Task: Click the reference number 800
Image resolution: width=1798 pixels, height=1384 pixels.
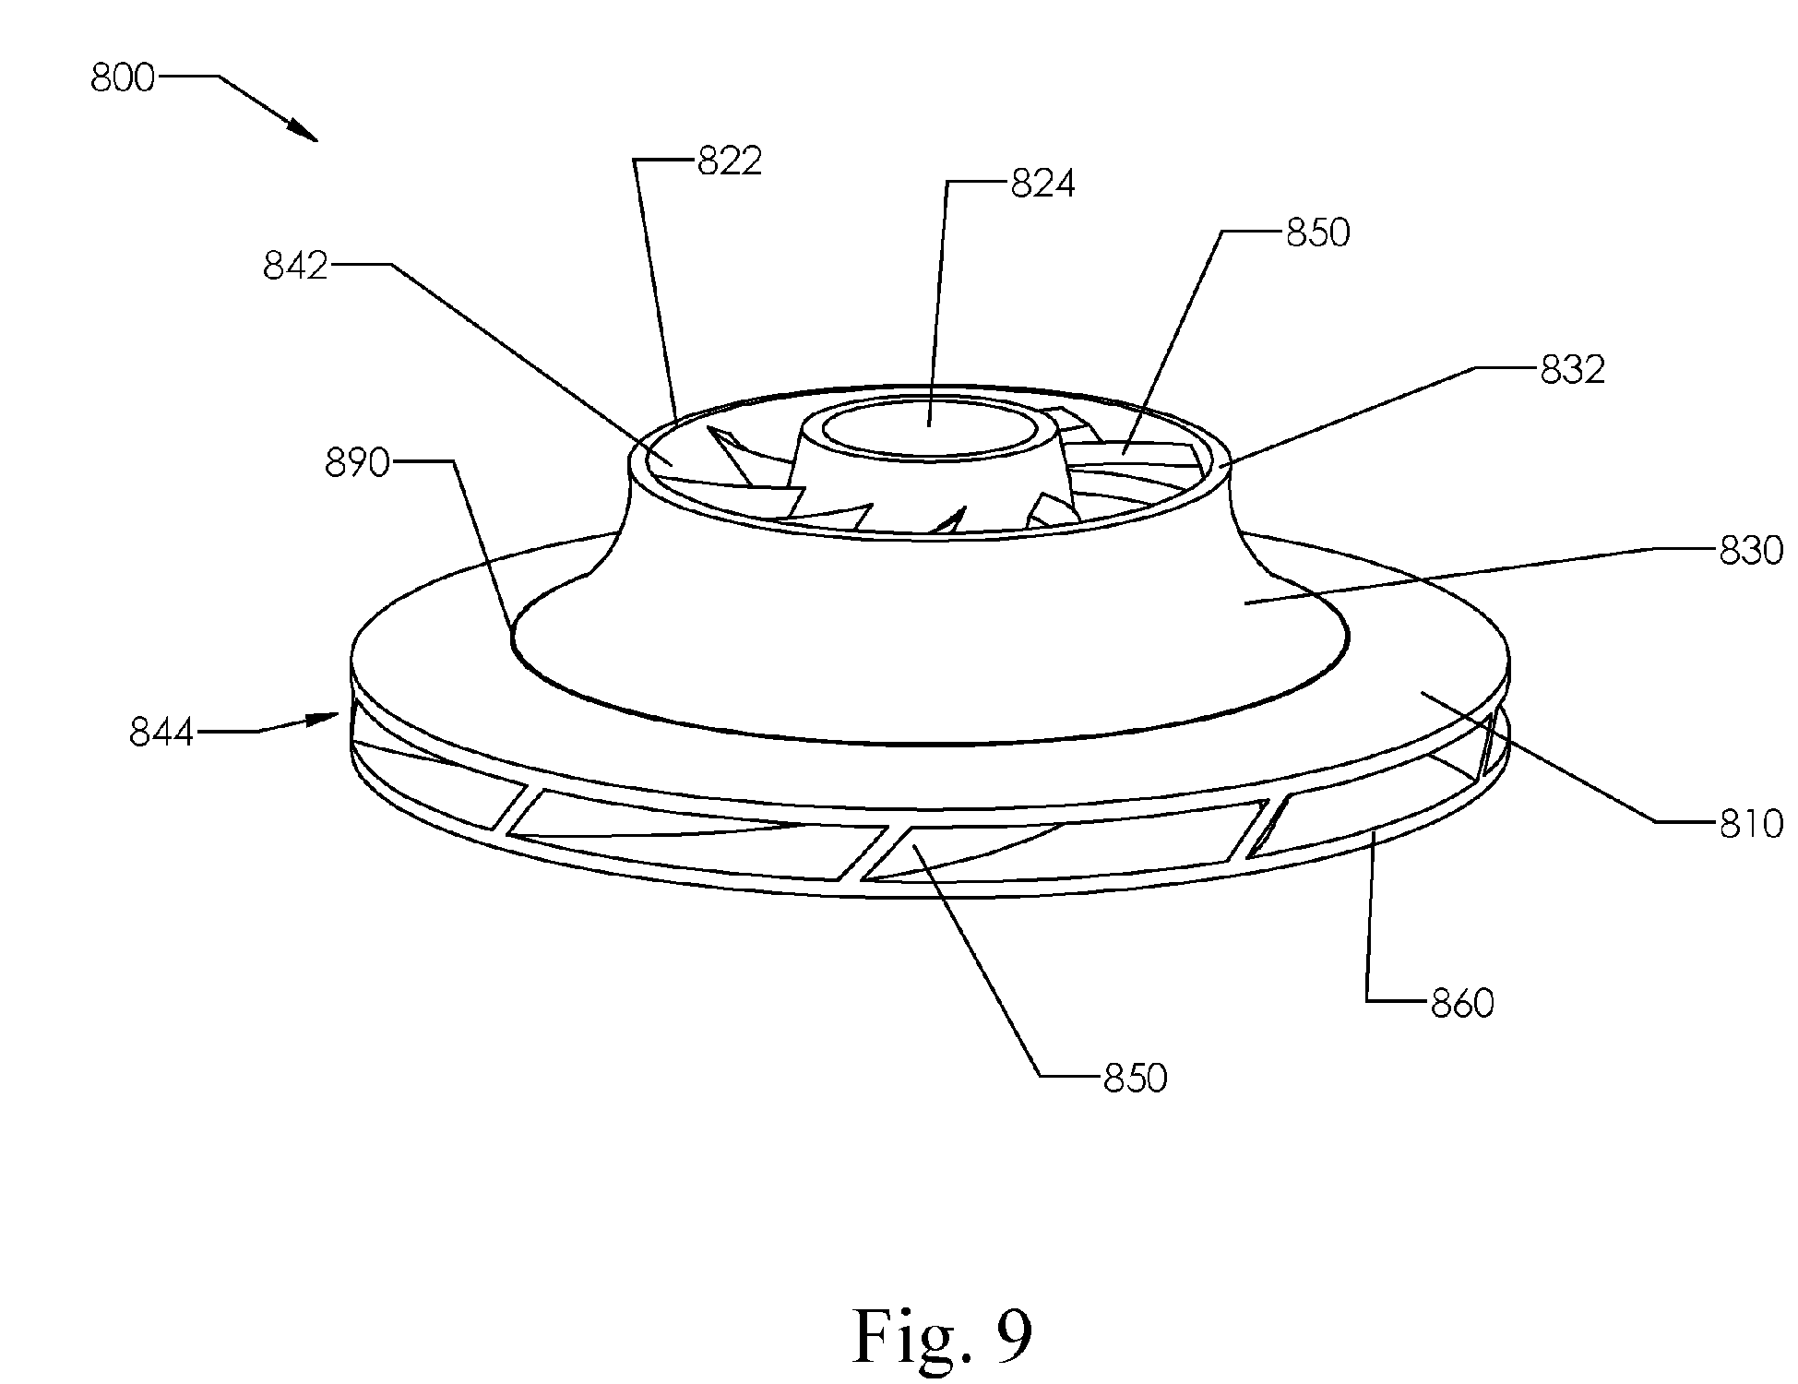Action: [123, 78]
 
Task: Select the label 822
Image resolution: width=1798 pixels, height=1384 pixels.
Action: [729, 161]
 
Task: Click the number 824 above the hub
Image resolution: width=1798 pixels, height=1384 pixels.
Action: [1042, 185]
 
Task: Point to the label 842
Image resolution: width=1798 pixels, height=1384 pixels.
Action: [295, 266]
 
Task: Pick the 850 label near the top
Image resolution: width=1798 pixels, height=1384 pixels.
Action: [1317, 233]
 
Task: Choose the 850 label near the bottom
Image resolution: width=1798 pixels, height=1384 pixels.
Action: [1135, 1078]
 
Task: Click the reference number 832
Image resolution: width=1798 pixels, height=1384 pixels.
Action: [1573, 370]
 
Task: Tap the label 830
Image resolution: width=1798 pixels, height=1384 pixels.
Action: [1751, 552]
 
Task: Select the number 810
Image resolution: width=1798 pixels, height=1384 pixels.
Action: [1751, 823]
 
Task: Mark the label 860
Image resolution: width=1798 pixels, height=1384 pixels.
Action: [1461, 1003]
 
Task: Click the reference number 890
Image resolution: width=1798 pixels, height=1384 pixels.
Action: [357, 463]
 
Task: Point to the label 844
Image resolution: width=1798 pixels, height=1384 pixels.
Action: [161, 734]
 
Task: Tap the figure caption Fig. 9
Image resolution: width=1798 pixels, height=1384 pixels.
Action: [942, 1336]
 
